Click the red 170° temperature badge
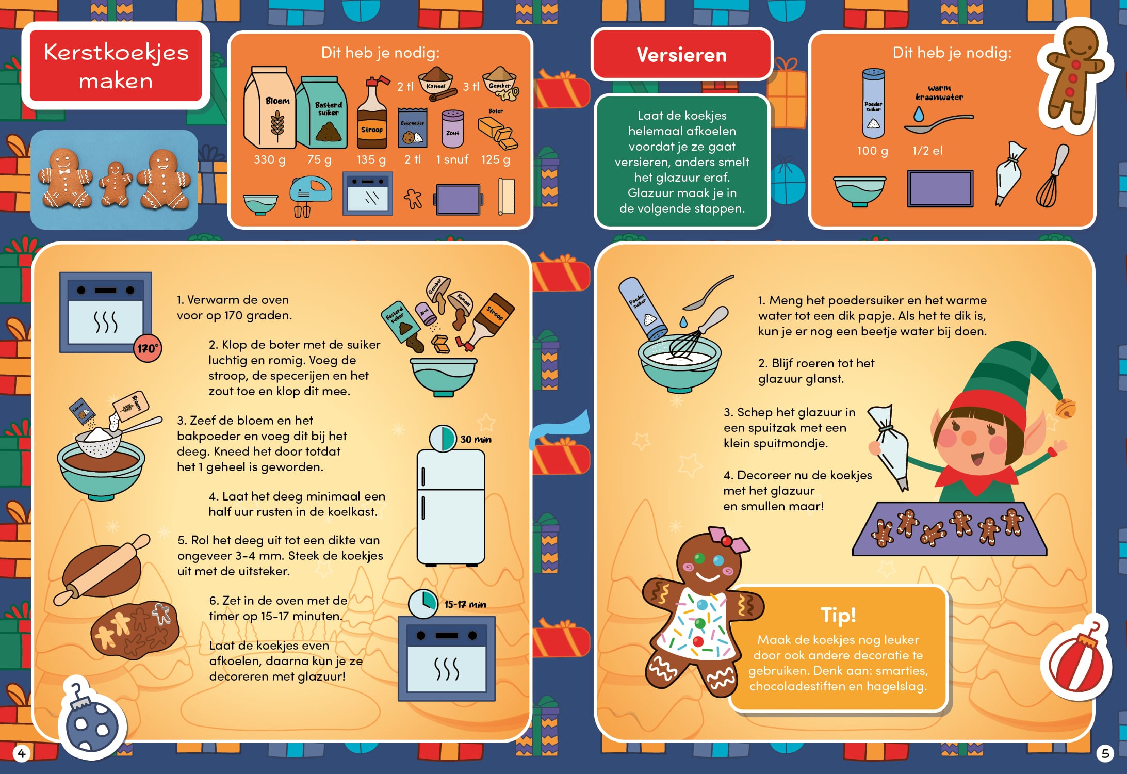[148, 348]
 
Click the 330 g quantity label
[269, 159]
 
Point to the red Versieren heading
[681, 54]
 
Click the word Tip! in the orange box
[838, 615]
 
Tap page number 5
[1105, 753]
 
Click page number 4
[21, 753]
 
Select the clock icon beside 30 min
[443, 438]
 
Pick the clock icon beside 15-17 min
[423, 604]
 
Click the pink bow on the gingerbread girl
[727, 540]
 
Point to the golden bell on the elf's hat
[1066, 408]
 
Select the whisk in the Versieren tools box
[1052, 176]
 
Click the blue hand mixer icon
[309, 197]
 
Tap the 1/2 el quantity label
[927, 151]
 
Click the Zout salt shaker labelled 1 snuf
[452, 129]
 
